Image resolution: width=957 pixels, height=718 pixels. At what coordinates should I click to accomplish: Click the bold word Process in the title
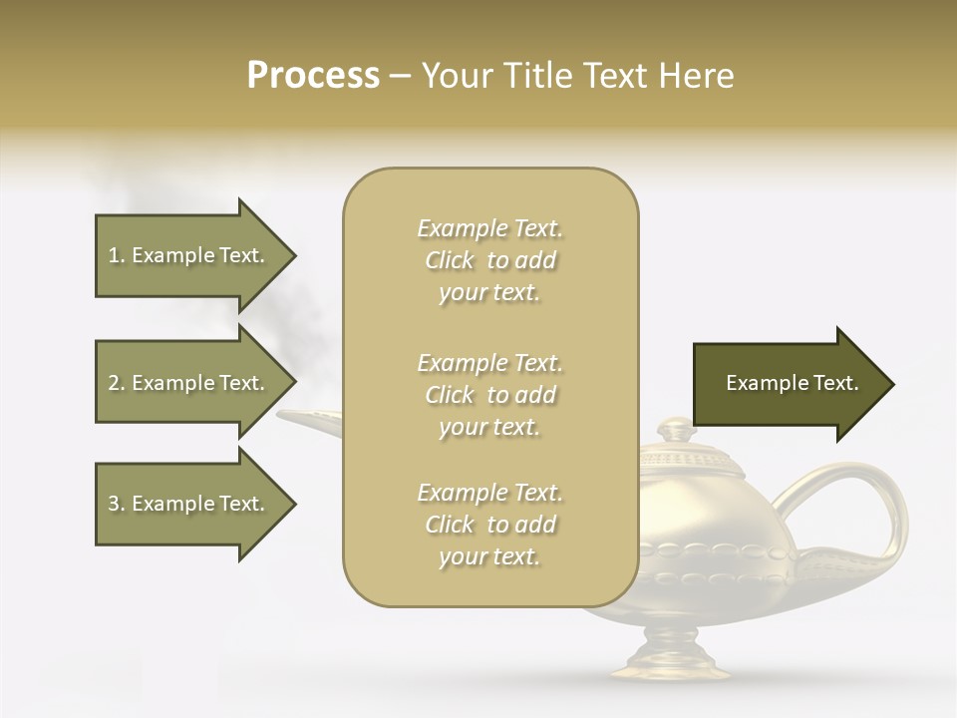313,76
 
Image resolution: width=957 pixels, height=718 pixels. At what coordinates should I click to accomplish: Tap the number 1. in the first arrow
117,256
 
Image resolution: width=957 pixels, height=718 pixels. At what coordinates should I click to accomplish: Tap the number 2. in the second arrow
117,384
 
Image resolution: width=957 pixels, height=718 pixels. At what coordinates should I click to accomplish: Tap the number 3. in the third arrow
117,505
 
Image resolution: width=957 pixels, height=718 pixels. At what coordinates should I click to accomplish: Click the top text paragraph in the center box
489,260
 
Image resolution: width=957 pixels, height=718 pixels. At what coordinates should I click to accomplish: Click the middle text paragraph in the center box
489,395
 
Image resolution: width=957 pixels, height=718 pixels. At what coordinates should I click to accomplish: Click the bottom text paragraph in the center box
489,525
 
